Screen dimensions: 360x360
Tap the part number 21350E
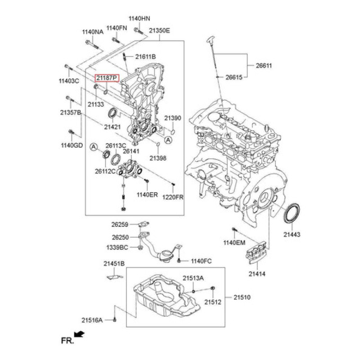tap(160, 31)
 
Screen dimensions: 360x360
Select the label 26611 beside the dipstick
tap(264, 66)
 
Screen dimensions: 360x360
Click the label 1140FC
tap(201, 261)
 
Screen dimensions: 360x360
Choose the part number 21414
tap(257, 273)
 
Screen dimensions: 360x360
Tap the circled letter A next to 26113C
tap(94, 147)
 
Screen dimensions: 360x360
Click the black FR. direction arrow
tap(80, 334)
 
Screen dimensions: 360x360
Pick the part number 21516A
tap(93, 320)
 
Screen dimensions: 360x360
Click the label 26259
tap(120, 224)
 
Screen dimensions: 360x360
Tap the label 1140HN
tap(139, 18)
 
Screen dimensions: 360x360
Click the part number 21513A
tap(193, 279)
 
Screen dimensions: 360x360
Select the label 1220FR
tap(173, 197)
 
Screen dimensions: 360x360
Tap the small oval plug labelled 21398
tap(157, 144)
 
